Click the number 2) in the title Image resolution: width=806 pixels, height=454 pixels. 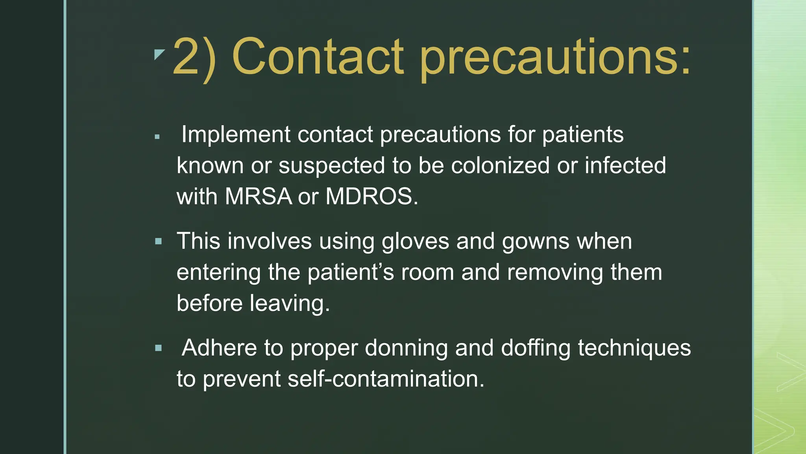pos(194,57)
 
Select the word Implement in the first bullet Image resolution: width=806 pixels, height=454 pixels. pos(236,135)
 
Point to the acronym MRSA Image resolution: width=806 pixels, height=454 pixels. pos(258,196)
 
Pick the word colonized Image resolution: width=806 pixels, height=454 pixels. pos(500,166)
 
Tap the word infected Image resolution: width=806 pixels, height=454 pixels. pos(625,166)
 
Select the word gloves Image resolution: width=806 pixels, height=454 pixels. pos(415,241)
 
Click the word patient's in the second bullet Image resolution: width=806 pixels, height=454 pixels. pos(351,272)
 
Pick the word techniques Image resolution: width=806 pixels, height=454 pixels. pos(634,348)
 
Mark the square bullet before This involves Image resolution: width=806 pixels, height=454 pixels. pos(159,241)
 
